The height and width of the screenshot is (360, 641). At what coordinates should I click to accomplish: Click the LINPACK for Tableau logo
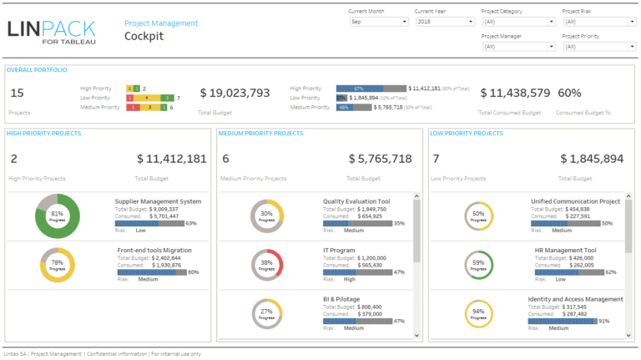coord(51,32)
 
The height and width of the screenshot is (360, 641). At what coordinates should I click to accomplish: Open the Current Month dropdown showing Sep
coord(377,22)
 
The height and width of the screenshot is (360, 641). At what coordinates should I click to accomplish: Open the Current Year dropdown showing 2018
coord(444,22)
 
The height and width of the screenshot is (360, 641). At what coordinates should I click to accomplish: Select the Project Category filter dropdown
coord(517,22)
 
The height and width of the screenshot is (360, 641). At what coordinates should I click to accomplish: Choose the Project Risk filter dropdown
coord(598,22)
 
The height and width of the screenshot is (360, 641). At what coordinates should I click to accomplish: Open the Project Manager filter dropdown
coord(517,47)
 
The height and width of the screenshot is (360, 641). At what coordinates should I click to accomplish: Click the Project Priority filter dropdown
coord(598,47)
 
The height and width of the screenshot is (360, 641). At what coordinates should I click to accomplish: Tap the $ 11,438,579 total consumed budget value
coord(514,94)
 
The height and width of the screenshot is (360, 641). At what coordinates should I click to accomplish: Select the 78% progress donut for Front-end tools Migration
coord(57,265)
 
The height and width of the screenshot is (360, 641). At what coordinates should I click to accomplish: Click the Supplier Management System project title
coord(159,201)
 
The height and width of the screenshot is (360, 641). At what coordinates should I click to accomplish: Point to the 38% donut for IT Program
coord(266,265)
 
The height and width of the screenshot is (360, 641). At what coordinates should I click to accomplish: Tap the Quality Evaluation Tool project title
coord(356,201)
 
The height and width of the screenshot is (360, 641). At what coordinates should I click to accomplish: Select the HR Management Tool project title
coord(565,250)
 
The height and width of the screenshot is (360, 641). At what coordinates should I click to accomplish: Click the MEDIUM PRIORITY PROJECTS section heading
coord(260,133)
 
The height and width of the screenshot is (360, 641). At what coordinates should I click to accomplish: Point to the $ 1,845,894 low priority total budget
coord(591,159)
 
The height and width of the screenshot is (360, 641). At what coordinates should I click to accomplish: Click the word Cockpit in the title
coord(144,37)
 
